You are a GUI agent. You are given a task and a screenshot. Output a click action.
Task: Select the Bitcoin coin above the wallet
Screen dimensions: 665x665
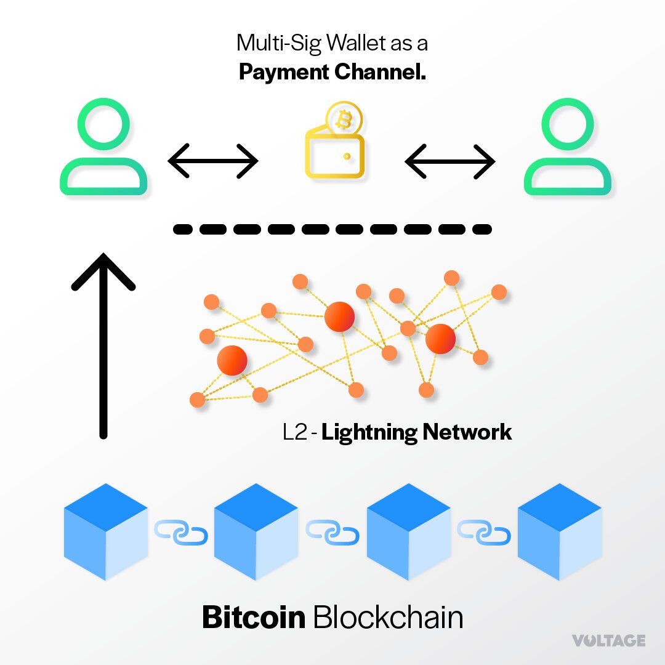343,120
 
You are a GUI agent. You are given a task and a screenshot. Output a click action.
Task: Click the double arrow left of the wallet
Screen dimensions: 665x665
212,161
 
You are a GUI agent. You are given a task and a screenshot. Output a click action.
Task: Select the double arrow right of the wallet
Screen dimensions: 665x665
449,161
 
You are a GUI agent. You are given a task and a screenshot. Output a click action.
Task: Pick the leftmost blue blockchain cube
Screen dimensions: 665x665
106,531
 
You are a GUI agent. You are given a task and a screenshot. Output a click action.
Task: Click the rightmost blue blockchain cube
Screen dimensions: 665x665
559,531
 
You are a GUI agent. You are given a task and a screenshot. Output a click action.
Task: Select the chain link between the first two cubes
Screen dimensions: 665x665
181,532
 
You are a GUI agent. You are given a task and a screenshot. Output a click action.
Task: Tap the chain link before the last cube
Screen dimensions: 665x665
483,532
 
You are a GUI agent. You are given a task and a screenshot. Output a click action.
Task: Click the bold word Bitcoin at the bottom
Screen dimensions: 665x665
253,617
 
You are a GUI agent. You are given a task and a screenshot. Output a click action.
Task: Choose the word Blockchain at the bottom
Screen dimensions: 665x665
388,617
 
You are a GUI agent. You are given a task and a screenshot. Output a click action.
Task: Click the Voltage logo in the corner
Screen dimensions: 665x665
608,641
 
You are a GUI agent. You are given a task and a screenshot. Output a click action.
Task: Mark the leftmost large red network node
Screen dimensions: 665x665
232,361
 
